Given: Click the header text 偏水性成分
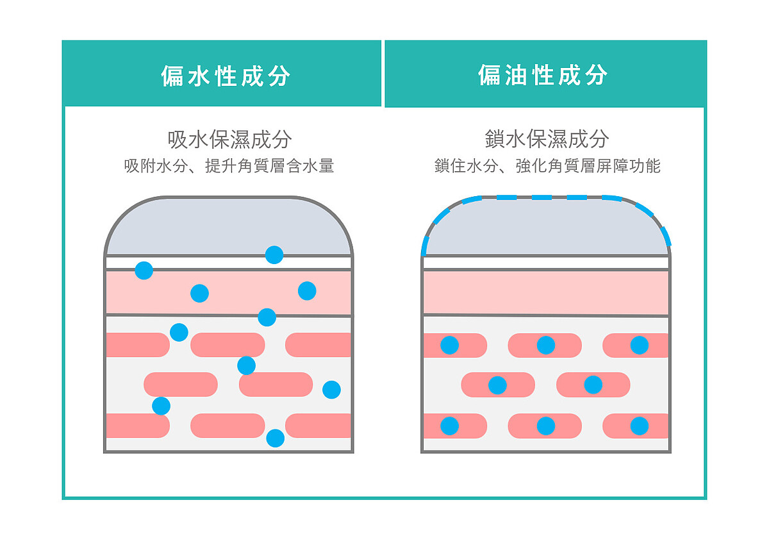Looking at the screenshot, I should tap(226, 76).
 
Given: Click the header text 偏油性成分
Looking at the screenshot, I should tap(542, 75).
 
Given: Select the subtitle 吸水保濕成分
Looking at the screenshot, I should tap(229, 139).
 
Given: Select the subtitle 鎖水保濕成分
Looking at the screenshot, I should tap(547, 138).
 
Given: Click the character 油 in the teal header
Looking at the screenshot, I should tap(511, 75).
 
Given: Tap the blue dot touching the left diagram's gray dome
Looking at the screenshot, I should tap(274, 254).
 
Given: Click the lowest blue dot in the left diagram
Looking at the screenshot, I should tap(275, 438).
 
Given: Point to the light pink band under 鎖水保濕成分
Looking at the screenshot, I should tap(546, 292).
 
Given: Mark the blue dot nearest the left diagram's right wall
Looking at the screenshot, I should tap(331, 389).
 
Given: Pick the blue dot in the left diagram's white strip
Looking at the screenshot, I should tap(144, 271).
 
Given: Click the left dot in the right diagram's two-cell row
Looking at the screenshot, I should tap(497, 385).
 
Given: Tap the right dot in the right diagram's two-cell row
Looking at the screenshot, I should tap(593, 385).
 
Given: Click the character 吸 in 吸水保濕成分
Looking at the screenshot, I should tap(177, 139).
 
